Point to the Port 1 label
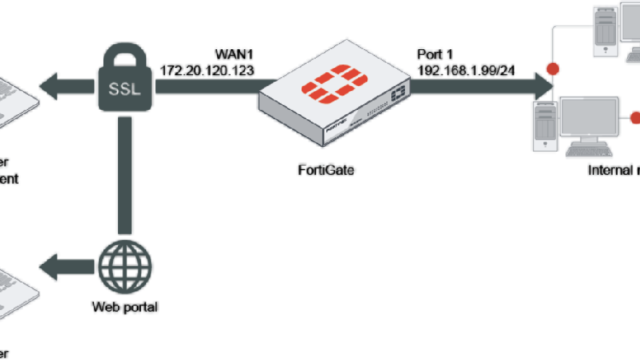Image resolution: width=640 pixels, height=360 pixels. tap(435, 56)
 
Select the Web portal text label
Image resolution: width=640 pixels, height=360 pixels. tap(125, 307)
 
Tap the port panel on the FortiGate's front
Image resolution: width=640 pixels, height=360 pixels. tap(398, 95)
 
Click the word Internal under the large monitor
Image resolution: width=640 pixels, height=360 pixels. tap(607, 171)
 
